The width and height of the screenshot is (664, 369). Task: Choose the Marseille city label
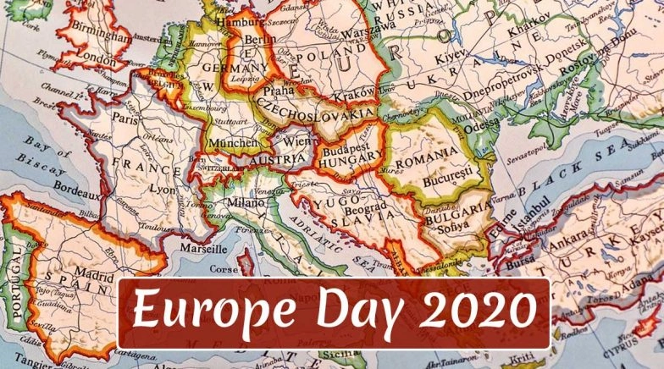[202, 249]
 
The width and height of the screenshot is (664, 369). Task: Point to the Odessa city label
[482, 120]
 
